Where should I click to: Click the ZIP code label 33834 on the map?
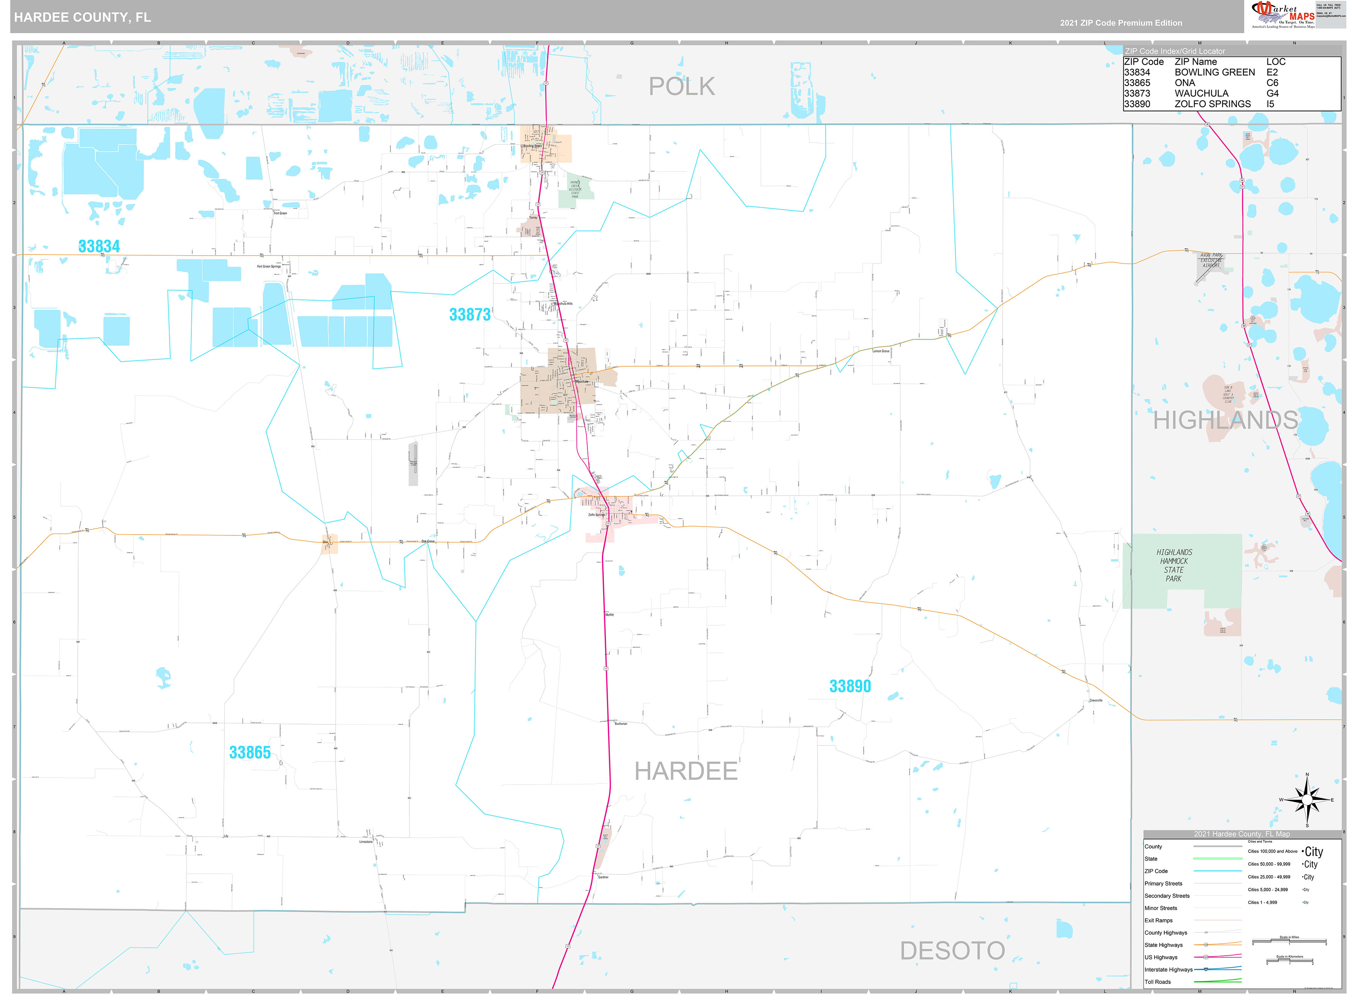(99, 246)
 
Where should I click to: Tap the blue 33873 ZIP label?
(470, 315)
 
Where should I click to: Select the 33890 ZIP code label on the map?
(850, 686)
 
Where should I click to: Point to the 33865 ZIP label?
(250, 752)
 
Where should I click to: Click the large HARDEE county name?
(686, 772)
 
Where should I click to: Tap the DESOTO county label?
(952, 951)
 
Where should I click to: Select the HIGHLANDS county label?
(1225, 421)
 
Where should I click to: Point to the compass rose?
(1307, 800)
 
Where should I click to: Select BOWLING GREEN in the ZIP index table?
(1214, 72)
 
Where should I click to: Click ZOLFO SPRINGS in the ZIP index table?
(1212, 104)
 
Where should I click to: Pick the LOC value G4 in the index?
(1272, 93)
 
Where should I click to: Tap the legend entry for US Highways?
(1161, 957)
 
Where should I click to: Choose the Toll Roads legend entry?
(1158, 982)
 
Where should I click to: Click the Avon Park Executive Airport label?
(1211, 260)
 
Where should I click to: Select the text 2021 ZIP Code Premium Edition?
(1121, 23)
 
